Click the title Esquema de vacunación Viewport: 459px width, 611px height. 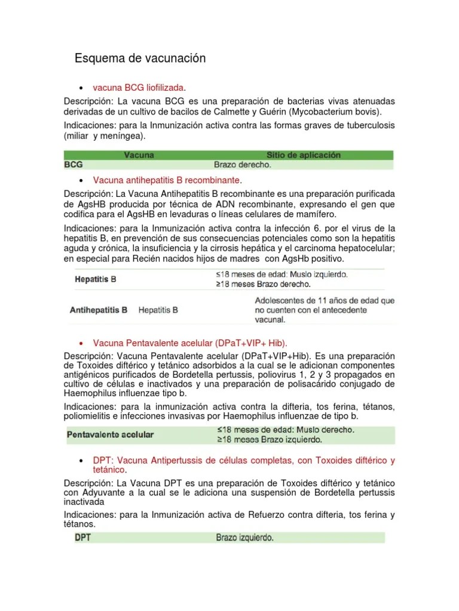(x=140, y=58)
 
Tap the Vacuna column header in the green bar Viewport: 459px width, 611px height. (x=139, y=155)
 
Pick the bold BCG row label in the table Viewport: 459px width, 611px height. (x=74, y=164)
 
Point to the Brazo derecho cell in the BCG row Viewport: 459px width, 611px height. (x=242, y=164)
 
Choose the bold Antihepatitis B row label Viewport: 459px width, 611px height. (x=99, y=310)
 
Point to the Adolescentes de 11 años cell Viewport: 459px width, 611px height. (x=325, y=310)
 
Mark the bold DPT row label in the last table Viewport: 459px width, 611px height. (x=82, y=538)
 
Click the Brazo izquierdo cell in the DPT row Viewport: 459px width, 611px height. (x=244, y=538)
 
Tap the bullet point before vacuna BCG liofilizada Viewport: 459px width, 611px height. (x=80, y=88)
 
